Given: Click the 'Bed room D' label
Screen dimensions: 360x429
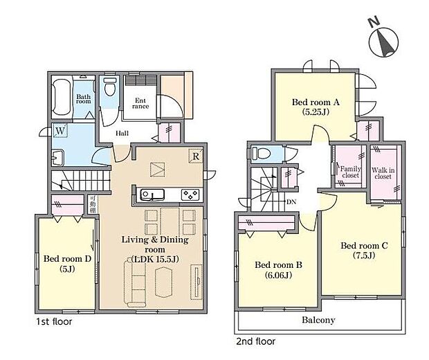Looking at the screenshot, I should click(67, 264).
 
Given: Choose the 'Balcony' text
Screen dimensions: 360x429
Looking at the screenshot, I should click(318, 320).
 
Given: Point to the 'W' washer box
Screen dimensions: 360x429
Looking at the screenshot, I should click(62, 131).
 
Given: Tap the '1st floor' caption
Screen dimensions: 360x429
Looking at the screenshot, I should click(53, 321).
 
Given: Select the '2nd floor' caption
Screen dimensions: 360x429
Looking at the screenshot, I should click(255, 341).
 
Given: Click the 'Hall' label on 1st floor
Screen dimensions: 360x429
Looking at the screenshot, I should click(122, 133).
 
